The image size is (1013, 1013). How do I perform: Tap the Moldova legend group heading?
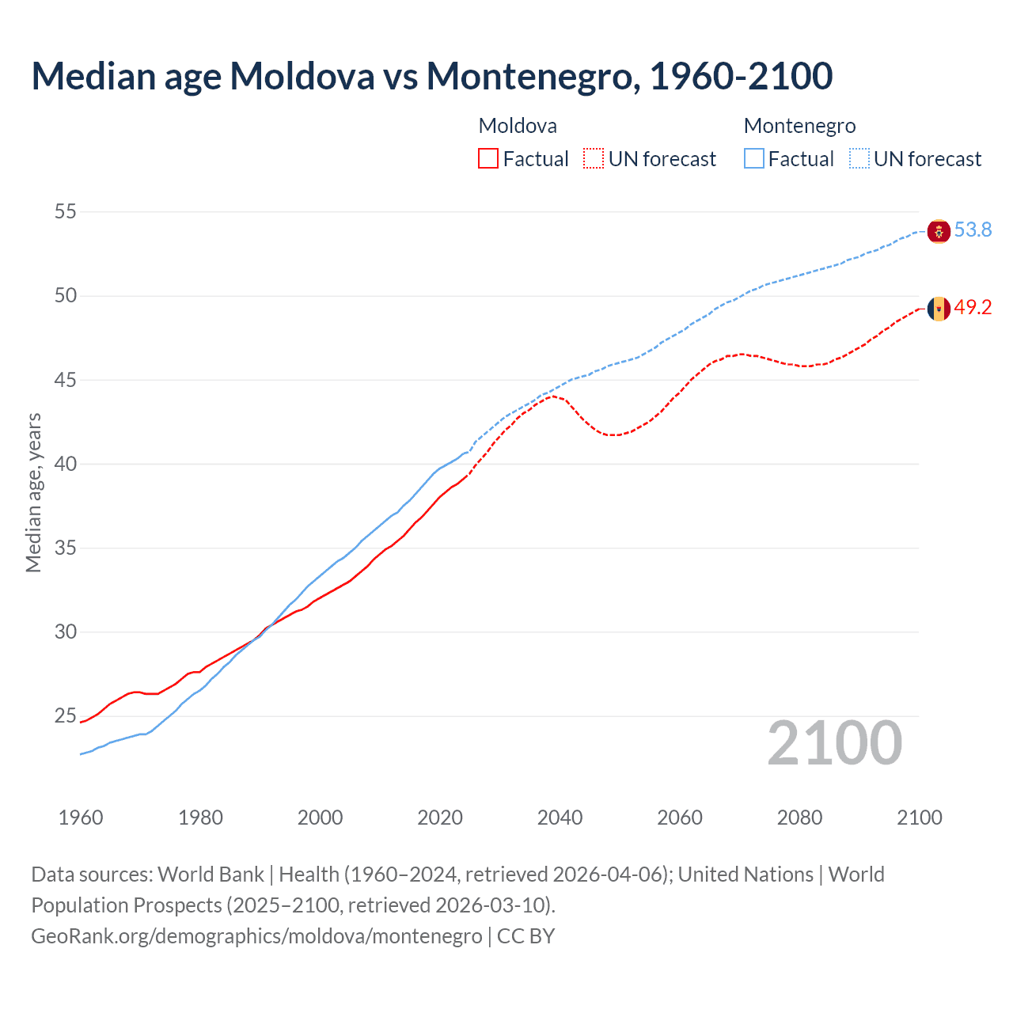(518, 126)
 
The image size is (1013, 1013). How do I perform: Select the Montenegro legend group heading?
(799, 126)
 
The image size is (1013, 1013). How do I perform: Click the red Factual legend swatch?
(488, 159)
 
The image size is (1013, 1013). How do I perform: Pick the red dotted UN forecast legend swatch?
(594, 159)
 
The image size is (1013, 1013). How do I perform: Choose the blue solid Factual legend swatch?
(754, 159)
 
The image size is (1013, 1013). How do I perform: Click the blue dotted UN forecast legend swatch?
(859, 159)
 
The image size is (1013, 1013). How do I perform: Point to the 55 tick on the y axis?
(66, 211)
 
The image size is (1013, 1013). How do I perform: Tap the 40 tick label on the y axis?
(66, 464)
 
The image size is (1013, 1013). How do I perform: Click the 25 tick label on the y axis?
(66, 716)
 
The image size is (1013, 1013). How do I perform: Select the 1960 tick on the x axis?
(81, 818)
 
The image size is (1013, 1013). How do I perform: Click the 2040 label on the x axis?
(560, 818)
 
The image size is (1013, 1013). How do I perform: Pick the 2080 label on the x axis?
(799, 818)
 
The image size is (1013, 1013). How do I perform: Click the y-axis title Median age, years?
(33, 492)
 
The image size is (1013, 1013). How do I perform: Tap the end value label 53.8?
(973, 230)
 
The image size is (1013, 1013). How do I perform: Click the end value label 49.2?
(973, 308)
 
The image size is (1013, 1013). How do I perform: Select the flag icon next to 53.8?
(939, 231)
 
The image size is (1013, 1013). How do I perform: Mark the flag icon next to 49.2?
(939, 309)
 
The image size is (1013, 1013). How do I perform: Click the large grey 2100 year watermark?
(835, 743)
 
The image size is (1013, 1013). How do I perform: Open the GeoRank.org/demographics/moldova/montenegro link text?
(256, 936)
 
